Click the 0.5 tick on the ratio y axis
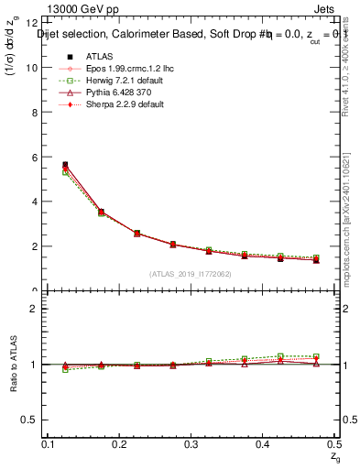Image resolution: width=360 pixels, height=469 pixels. pos(33,420)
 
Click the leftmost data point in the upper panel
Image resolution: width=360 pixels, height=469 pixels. pos(64,166)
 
